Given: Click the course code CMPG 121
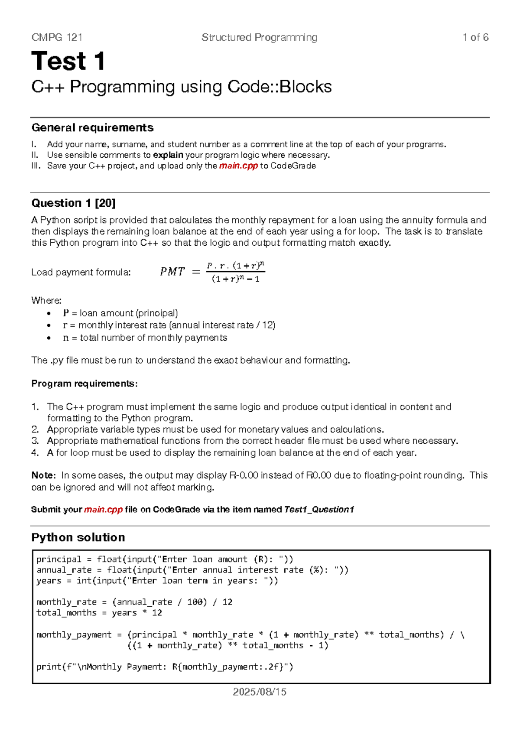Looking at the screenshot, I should pos(57,38).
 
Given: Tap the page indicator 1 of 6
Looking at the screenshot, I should pos(475,38).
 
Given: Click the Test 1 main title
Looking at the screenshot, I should pos(68,61).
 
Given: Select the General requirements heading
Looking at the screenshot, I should pos(92,128).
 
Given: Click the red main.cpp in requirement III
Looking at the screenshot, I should pos(238,166).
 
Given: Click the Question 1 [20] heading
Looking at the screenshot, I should pos(73,203).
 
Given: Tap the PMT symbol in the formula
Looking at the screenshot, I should pos(172,272).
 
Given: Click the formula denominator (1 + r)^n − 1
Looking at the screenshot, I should pos(235,279).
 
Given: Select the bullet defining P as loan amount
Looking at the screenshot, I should pos(120,313).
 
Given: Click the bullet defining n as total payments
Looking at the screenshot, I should pos(145,338).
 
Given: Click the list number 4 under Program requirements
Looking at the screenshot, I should pos(35,453).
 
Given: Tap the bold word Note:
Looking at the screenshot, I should pos(43,476).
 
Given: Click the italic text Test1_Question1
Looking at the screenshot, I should pos(319,510).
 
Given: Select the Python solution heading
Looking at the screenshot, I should pos(78,537).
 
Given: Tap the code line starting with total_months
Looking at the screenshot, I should pos(99,613).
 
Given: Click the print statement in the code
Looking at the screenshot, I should pos(165,667).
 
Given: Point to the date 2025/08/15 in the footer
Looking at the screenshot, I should pos(260,692).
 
